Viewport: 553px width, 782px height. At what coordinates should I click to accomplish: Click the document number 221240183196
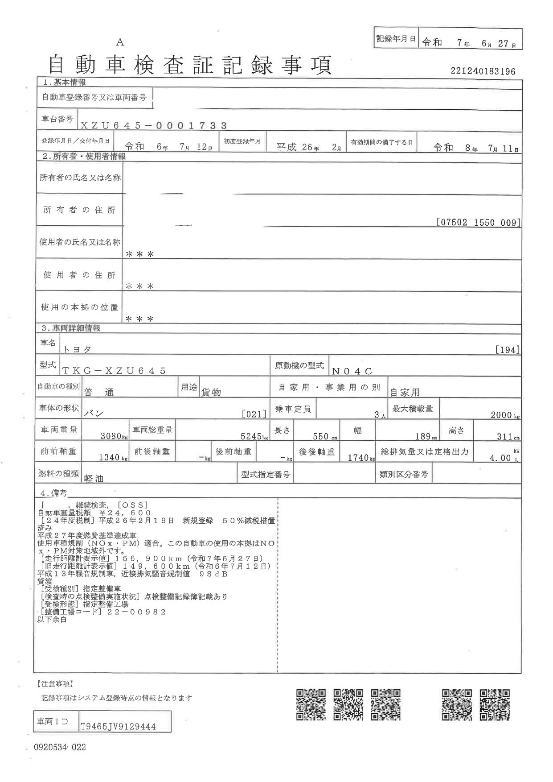pos(483,71)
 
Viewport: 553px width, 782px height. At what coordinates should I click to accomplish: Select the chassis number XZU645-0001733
pos(154,126)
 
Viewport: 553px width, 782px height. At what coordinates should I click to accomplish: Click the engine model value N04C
pos(352,371)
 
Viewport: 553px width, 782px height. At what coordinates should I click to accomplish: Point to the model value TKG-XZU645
pos(114,371)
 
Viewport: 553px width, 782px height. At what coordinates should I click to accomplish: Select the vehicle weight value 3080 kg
pos(111,436)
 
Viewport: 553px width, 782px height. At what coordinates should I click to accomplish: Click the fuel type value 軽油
pos(94,478)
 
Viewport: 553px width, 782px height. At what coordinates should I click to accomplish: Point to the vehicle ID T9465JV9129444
pos(118,727)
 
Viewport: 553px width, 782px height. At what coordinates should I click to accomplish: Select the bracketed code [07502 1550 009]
pos(478,222)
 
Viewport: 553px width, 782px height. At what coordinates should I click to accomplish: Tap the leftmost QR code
pos(311,704)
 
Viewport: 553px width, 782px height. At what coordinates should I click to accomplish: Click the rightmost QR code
pos(495,704)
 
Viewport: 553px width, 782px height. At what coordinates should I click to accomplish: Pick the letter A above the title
pos(120,42)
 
